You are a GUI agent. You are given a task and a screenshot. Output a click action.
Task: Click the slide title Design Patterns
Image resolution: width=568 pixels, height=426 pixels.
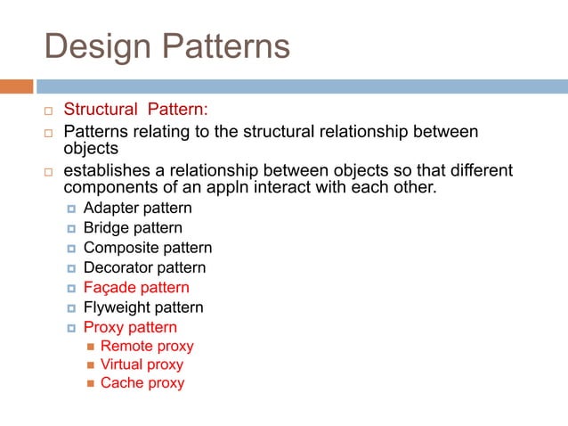(x=167, y=45)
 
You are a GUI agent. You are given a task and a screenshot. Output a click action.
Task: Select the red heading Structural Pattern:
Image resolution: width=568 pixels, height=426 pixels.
(x=135, y=110)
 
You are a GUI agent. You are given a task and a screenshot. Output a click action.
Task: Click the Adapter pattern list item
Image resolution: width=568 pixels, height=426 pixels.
(x=137, y=209)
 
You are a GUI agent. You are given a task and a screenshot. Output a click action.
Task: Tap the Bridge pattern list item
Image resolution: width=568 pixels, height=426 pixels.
(x=133, y=228)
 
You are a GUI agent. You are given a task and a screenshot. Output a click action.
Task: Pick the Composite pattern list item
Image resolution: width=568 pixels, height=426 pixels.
(x=147, y=248)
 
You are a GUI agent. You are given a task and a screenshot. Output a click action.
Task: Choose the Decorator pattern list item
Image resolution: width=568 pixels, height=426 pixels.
(x=144, y=267)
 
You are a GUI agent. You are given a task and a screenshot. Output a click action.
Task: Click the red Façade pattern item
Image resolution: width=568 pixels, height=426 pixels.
(x=135, y=288)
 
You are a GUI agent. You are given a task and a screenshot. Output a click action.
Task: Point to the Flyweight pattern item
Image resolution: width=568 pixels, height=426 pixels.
(x=142, y=307)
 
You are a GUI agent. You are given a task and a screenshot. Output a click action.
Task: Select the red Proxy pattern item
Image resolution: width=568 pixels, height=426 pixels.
(x=130, y=327)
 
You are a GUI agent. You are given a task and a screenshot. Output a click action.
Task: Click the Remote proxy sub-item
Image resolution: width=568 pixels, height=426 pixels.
(x=147, y=346)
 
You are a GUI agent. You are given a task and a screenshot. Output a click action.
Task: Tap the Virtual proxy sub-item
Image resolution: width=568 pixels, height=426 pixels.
(x=142, y=365)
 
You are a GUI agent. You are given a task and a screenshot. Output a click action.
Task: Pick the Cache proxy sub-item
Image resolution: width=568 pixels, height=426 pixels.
(x=142, y=383)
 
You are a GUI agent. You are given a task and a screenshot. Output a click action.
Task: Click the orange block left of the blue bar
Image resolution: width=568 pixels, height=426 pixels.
(x=16, y=86)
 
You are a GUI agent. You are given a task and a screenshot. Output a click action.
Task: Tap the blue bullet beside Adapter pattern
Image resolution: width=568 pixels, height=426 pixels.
(x=71, y=209)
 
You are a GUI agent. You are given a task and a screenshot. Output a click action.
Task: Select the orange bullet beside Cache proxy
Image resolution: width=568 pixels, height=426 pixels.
(x=90, y=384)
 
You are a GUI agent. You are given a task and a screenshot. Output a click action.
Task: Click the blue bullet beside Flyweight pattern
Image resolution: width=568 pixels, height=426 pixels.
(x=71, y=308)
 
